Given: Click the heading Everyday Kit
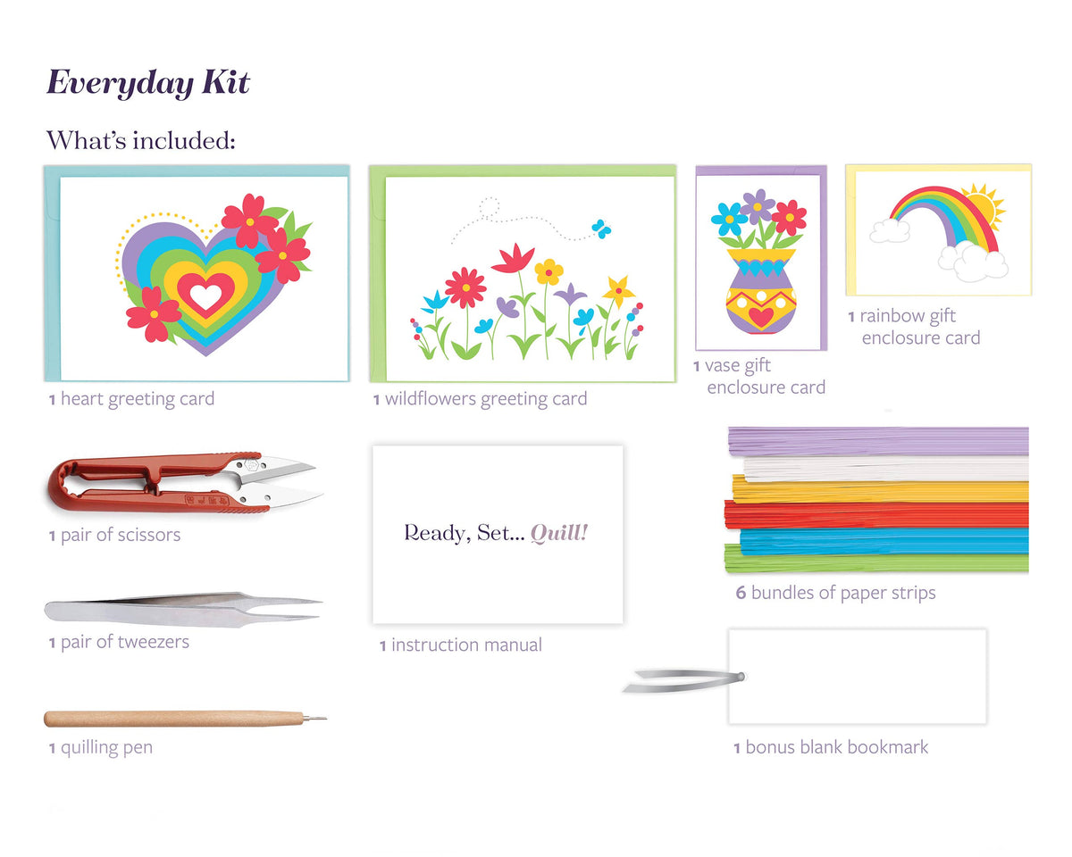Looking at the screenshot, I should coord(148,83).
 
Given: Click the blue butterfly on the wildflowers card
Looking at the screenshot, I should coord(601,229).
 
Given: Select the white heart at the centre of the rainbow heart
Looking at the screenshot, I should coord(206,295).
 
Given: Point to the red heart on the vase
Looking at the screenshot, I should coord(761,317).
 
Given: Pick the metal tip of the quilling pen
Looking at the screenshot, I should coord(315,718).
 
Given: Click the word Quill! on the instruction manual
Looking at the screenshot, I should coord(559,533).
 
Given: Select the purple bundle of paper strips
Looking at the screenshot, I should coord(880,440).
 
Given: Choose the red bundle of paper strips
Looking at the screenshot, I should coord(880,515).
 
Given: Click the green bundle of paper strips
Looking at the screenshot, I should coord(880,562).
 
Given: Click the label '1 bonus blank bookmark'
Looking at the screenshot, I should coord(831,747).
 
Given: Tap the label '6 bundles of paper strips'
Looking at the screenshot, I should coord(835,593).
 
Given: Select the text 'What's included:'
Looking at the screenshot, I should coord(140,140).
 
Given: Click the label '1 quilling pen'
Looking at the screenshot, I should coord(100,747).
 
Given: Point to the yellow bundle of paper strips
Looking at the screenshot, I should coord(880,490).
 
